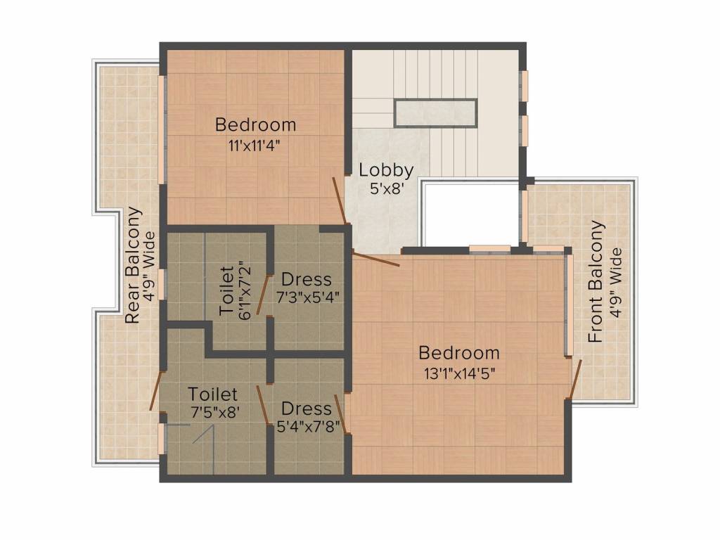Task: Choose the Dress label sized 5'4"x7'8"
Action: point(306,409)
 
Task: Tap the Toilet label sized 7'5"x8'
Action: point(212,394)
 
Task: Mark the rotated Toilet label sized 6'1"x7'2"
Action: point(226,290)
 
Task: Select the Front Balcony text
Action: point(596,281)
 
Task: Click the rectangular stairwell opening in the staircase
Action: point(435,113)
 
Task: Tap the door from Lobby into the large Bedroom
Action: point(375,259)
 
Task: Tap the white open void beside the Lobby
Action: point(470,214)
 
